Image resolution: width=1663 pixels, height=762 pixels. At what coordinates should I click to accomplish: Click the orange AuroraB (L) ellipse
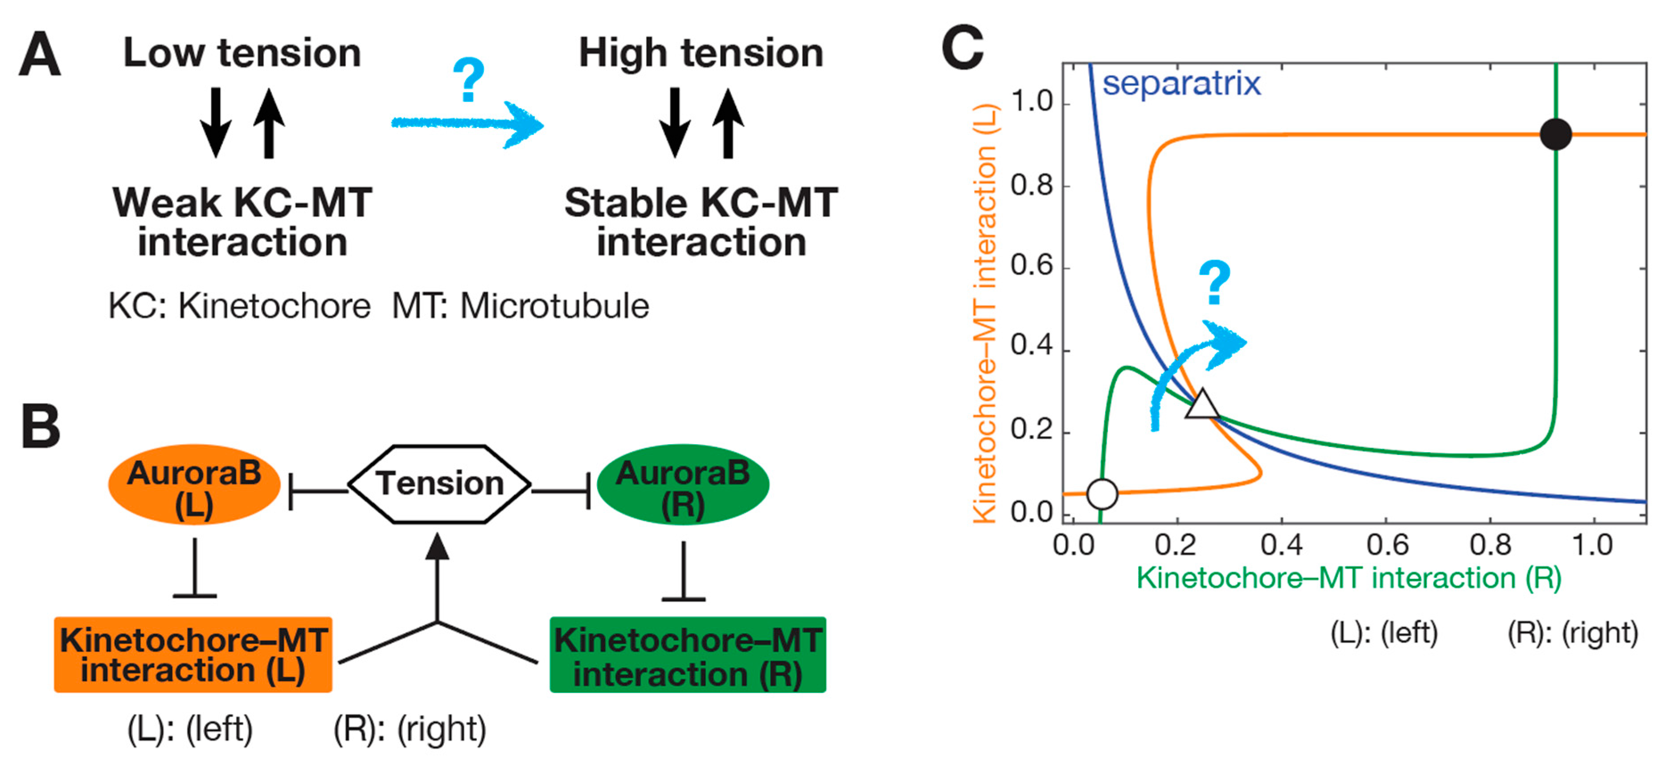pos(194,484)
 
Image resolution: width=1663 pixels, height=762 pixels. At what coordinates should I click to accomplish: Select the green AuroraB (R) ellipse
pos(683,484)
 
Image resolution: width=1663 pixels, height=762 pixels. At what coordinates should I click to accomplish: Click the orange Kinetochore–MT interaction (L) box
pos(193,655)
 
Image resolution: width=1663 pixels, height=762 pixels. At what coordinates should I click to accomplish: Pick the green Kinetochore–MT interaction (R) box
pos(688,655)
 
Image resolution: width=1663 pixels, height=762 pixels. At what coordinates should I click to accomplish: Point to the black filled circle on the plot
pos(1556,134)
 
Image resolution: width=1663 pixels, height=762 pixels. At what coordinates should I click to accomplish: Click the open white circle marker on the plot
pos(1102,494)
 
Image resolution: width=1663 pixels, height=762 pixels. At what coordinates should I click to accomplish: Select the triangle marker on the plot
pos(1202,406)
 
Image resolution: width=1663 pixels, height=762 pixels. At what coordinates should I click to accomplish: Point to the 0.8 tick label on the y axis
pos(1032,185)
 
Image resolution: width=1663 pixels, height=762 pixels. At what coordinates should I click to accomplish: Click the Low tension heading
pos(242,53)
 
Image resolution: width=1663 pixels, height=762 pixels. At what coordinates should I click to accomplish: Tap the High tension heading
pos(701,53)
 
